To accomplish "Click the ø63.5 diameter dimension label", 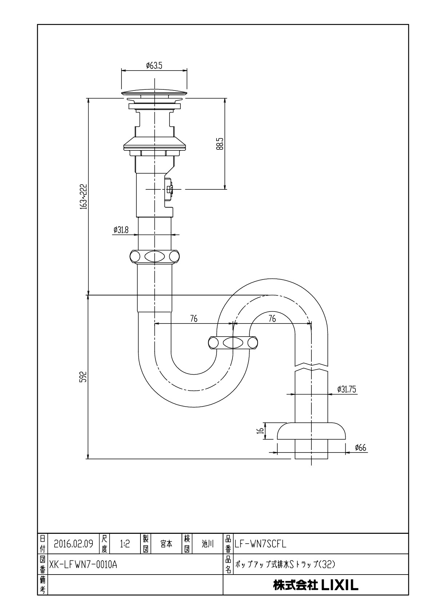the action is pyautogui.click(x=154, y=65).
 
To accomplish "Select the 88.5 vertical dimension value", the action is pyautogui.click(x=221, y=144).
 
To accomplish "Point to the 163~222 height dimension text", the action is pyautogui.click(x=84, y=197).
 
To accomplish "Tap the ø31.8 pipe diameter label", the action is pyautogui.click(x=121, y=230).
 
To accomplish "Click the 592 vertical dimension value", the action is pyautogui.click(x=84, y=377).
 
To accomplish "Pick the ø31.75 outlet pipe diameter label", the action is pyautogui.click(x=346, y=389).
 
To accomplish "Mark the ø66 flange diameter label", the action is pyautogui.click(x=361, y=447).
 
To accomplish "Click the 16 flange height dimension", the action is pyautogui.click(x=261, y=431).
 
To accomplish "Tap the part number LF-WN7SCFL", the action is pyautogui.click(x=261, y=544).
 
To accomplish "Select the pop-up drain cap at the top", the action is pyautogui.click(x=154, y=93).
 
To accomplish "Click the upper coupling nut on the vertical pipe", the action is pyautogui.click(x=155, y=257).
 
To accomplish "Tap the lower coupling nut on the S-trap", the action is pyautogui.click(x=233, y=342).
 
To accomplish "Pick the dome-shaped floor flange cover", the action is pyautogui.click(x=311, y=431).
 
